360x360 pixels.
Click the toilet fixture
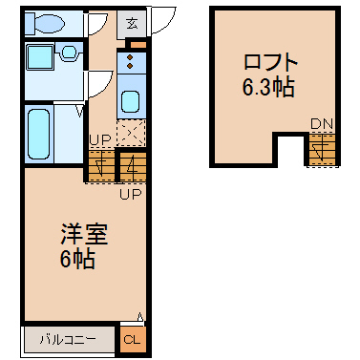click(45, 23)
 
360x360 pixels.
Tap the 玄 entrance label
click(132, 24)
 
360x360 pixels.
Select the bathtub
click(39, 134)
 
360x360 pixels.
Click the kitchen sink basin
click(130, 102)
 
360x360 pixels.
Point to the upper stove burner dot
click(130, 57)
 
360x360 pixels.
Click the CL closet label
click(132, 339)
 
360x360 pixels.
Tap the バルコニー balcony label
click(68, 340)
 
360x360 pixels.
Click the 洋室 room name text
click(84, 234)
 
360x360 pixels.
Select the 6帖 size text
click(77, 259)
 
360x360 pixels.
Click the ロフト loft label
click(270, 62)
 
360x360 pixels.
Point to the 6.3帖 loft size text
click(268, 87)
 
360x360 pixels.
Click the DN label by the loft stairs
click(322, 124)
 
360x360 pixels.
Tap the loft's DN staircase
click(322, 149)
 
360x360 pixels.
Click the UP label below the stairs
click(131, 193)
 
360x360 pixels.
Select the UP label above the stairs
click(100, 139)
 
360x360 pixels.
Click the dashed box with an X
click(131, 133)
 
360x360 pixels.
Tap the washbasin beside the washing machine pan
click(68, 53)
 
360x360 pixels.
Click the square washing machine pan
click(40, 57)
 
